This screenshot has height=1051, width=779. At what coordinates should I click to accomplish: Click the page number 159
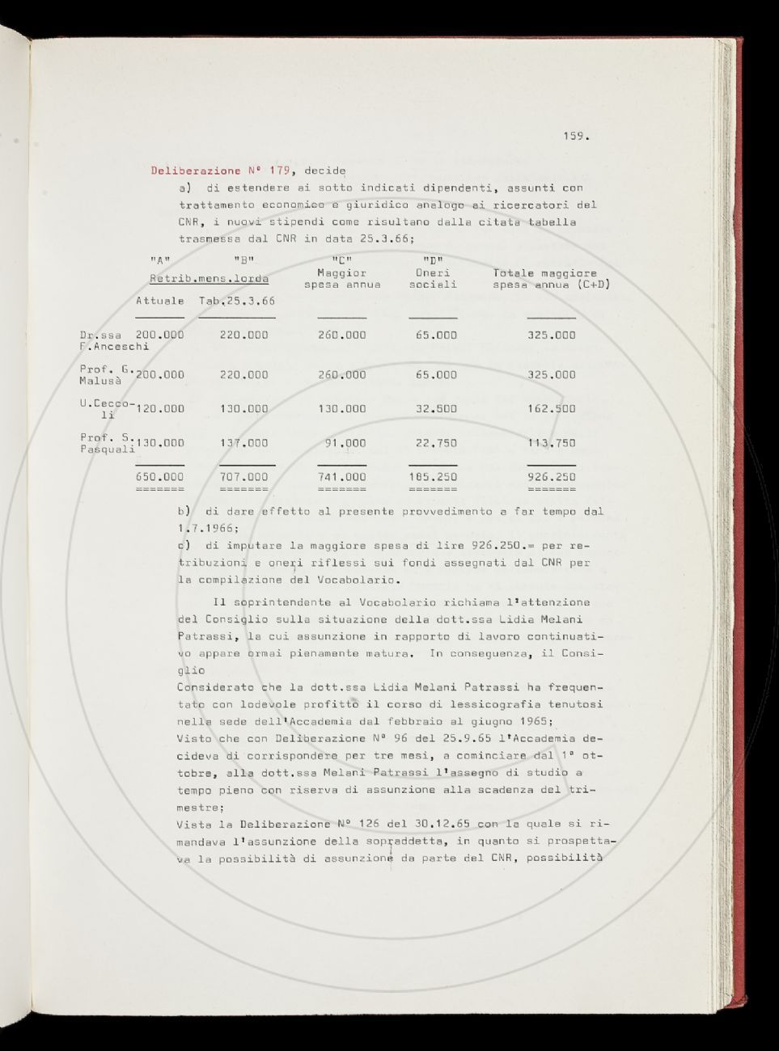(x=575, y=136)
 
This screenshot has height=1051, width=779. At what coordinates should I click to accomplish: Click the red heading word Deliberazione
(x=196, y=171)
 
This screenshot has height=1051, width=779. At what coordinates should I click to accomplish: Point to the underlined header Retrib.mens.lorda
(x=210, y=279)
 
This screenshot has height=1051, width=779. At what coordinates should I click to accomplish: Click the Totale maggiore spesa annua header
(x=551, y=279)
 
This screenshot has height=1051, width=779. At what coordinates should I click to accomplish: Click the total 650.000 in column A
(x=159, y=477)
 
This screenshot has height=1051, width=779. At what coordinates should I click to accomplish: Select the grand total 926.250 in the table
(x=551, y=477)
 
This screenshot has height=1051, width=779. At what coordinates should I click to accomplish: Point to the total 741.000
(x=341, y=477)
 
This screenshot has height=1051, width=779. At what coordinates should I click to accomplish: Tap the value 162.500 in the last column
(x=551, y=409)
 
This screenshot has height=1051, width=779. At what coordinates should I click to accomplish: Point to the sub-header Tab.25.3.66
(x=237, y=301)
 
